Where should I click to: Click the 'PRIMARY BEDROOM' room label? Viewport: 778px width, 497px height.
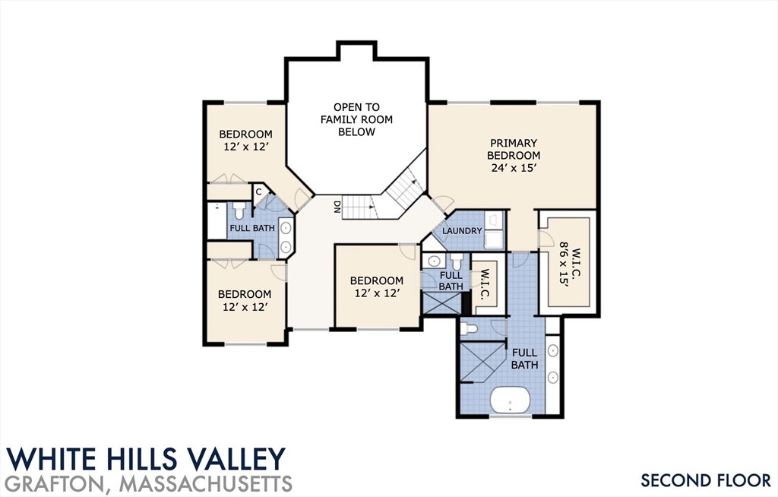click(514, 149)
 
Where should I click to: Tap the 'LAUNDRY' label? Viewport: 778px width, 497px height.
click(462, 231)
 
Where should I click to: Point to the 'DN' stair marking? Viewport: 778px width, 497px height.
click(337, 207)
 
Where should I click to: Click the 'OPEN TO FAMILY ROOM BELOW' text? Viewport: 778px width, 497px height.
click(356, 119)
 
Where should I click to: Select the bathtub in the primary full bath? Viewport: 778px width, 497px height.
click(511, 400)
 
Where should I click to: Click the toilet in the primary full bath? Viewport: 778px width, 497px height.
click(469, 329)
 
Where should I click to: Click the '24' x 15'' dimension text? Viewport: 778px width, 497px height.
click(514, 168)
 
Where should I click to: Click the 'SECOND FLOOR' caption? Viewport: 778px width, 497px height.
click(706, 480)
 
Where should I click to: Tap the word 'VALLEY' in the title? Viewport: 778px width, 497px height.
click(241, 459)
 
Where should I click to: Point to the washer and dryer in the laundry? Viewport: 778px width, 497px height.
click(494, 230)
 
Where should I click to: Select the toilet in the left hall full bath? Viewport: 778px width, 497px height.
click(239, 211)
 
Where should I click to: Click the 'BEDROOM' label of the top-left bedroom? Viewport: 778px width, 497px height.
click(245, 134)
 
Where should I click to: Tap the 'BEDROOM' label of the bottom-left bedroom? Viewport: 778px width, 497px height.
click(245, 294)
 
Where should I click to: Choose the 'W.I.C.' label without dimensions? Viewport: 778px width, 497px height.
click(485, 284)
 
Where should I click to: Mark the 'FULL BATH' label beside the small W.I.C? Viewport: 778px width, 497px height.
click(451, 281)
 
